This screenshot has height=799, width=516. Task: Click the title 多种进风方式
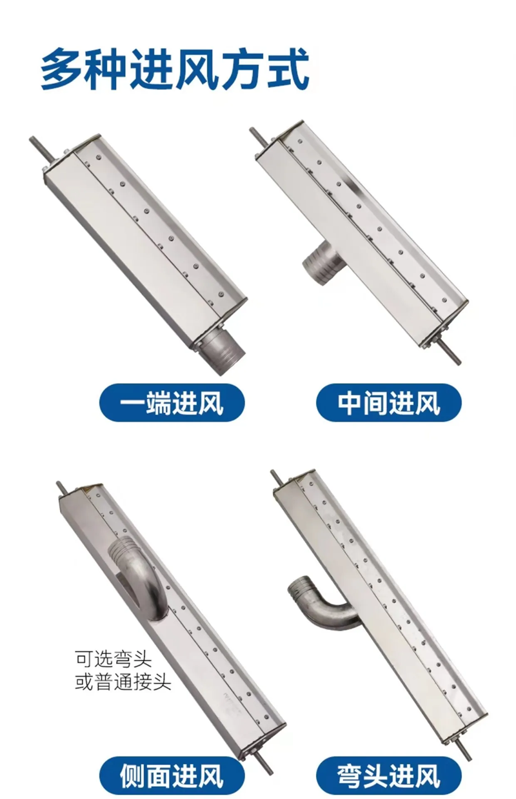point(175,69)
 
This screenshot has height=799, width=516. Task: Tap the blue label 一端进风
point(172,402)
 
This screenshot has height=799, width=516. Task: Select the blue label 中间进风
point(388,402)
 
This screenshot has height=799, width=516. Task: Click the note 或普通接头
point(123,682)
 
